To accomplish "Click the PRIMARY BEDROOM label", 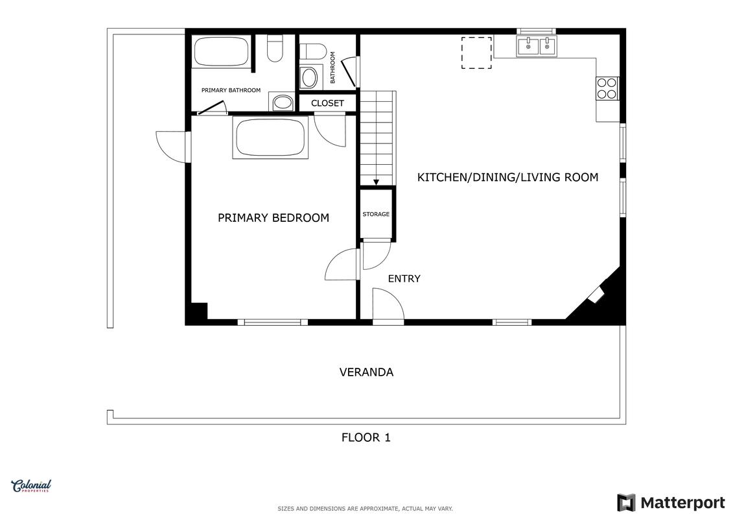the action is (273, 217).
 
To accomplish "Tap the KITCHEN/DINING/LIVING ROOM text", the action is (507, 177).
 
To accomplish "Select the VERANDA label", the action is (367, 372).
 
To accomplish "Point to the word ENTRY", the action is (404, 278).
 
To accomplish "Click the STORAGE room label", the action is (376, 214).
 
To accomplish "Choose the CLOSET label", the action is (327, 103).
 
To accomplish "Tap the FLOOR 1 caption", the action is (366, 437).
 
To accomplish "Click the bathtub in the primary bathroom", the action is (221, 51).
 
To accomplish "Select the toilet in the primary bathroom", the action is (275, 48).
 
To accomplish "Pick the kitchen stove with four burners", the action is (607, 88).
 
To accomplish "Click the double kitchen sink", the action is (537, 47).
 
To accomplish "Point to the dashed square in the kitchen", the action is (476, 53).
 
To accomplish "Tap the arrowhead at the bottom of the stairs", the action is (377, 182).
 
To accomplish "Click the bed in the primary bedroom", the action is (270, 138).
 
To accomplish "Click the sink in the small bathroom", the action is (308, 78).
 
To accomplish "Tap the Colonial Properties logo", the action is (31, 486).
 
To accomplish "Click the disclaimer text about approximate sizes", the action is (365, 509).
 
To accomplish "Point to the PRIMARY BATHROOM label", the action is (231, 90).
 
